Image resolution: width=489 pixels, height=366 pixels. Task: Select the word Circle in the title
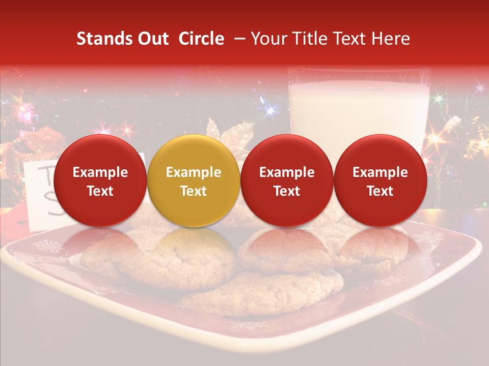(201, 39)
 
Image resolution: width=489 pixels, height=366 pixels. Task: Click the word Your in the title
(267, 39)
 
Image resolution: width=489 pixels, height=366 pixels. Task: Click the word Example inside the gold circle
(194, 172)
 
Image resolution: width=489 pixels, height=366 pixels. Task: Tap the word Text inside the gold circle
(194, 191)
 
